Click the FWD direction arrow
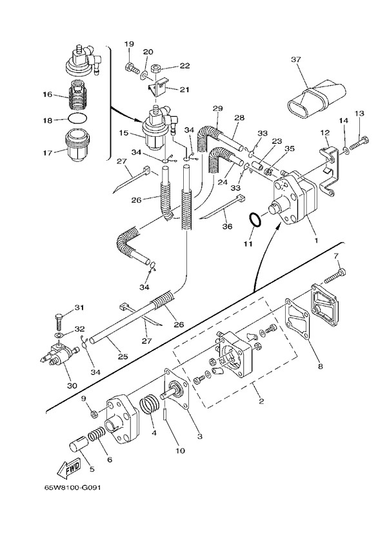click(x=69, y=466)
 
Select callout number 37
click(x=296, y=60)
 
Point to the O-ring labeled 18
click(x=77, y=119)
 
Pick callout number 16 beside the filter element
click(x=47, y=95)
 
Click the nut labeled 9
click(x=94, y=412)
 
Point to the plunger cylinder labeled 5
click(x=79, y=447)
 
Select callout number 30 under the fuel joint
click(x=72, y=386)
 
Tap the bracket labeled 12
click(x=327, y=162)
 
